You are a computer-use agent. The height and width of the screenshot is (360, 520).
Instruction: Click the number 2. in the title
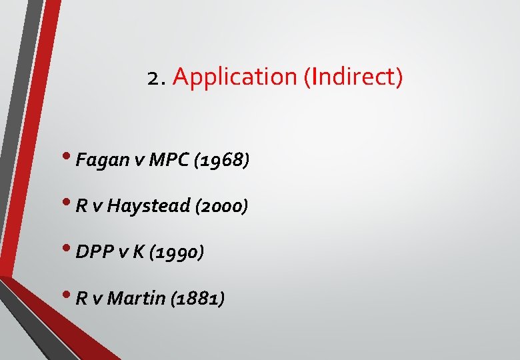tap(157, 78)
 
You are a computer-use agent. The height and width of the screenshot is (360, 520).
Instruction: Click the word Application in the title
tap(235, 78)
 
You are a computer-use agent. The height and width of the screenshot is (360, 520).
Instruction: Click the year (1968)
tap(221, 160)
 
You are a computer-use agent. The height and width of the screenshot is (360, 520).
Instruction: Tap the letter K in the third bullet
tap(138, 252)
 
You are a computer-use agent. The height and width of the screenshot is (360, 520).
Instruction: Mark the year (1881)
tap(197, 298)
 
